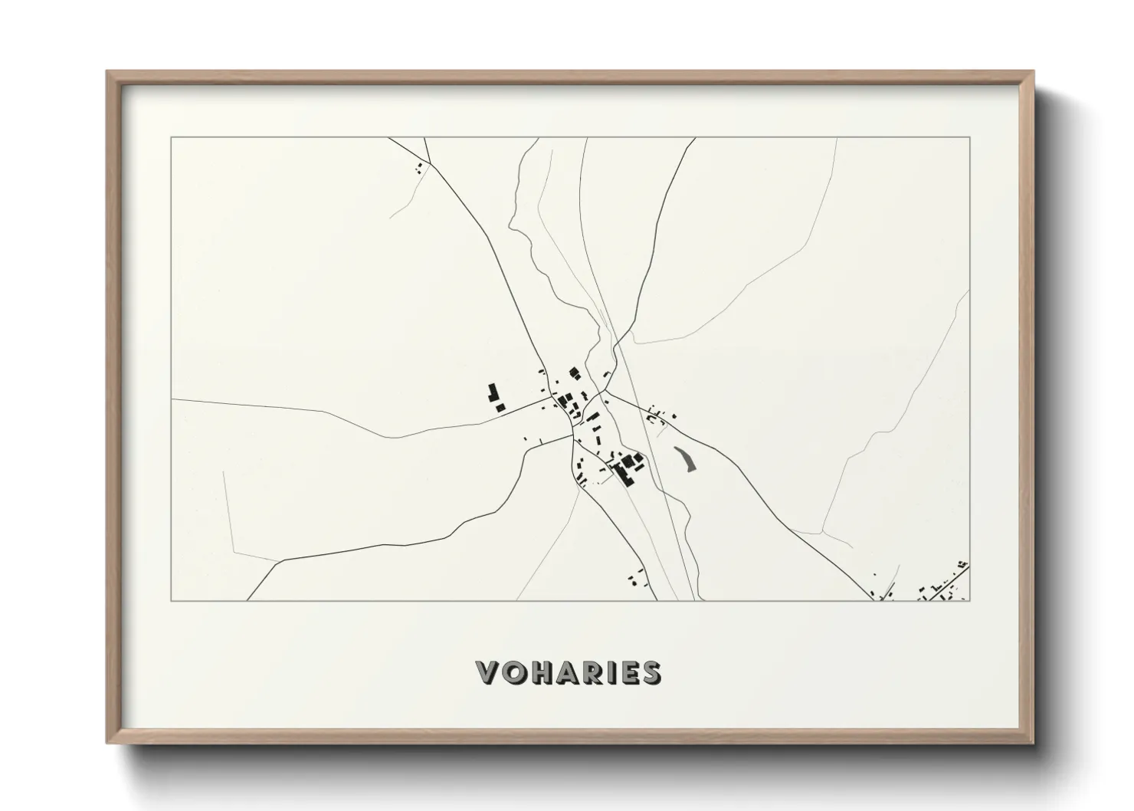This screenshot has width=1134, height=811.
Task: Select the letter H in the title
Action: [x=546, y=673]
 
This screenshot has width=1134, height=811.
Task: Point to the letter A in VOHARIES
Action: [x=572, y=673]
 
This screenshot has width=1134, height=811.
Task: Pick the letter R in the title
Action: [x=598, y=673]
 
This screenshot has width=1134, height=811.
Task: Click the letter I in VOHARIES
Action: [x=617, y=673]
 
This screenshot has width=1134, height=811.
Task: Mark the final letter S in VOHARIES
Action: [x=652, y=673]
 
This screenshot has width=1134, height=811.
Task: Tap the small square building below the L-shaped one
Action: [x=500, y=408]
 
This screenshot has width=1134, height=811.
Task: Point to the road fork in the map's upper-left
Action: [x=428, y=163]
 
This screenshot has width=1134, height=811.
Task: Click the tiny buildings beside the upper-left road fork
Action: [x=418, y=168]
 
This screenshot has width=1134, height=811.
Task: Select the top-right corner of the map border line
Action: [x=970, y=137]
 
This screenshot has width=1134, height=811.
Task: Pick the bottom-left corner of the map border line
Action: [x=171, y=601]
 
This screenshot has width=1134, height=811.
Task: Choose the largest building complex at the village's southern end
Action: [x=628, y=466]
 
